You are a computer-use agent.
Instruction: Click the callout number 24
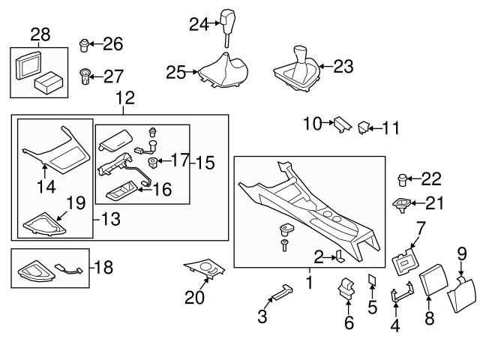click(x=198, y=25)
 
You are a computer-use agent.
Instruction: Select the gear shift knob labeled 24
click(x=227, y=20)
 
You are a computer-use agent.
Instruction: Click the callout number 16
click(x=162, y=189)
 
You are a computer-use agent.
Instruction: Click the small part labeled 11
click(x=364, y=127)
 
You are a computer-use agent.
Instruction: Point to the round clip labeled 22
click(x=403, y=179)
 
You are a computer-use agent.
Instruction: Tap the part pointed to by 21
click(x=403, y=202)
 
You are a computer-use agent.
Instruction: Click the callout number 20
click(x=195, y=298)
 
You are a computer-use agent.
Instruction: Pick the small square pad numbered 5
click(x=372, y=280)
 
